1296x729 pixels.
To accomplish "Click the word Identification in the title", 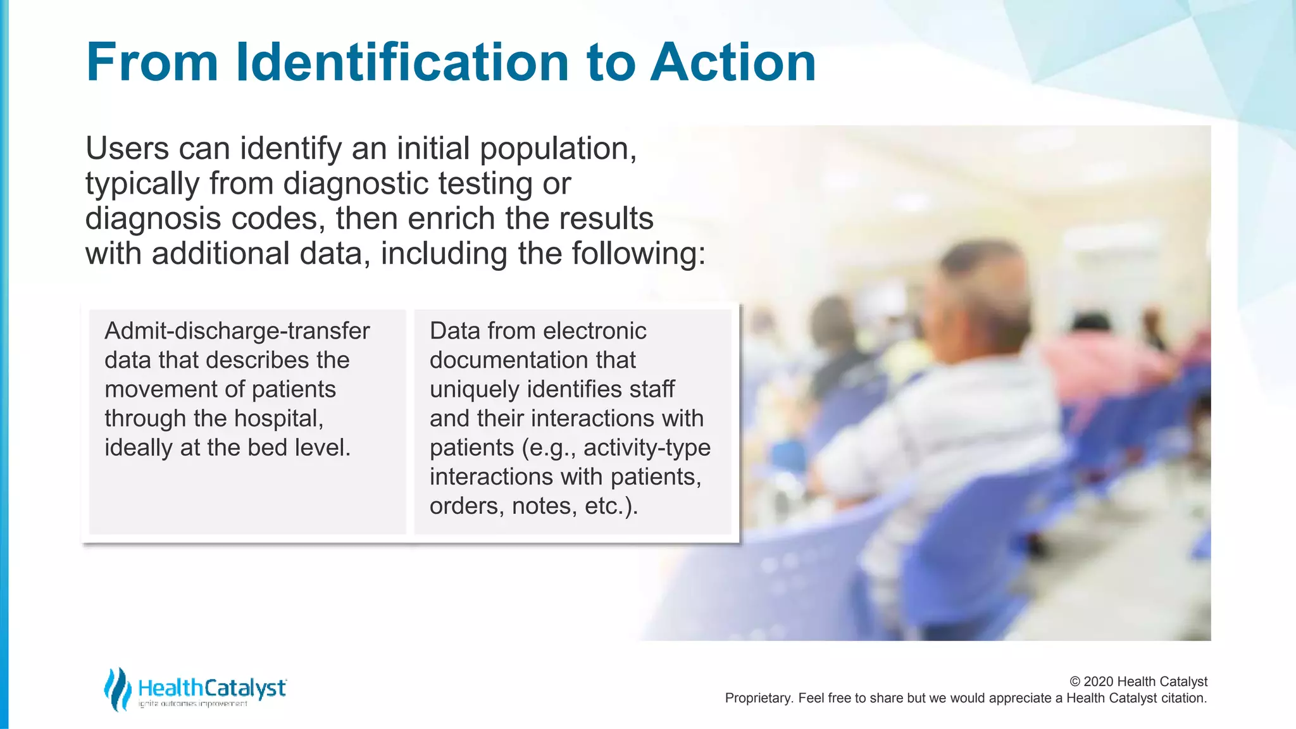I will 402,62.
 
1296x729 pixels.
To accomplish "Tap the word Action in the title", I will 733,62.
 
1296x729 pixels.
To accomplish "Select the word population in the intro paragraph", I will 557,149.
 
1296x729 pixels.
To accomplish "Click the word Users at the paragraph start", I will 127,149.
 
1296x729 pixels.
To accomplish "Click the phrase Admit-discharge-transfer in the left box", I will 237,331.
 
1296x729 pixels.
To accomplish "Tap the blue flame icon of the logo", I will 117,688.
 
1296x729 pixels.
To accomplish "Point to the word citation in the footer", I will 1183,698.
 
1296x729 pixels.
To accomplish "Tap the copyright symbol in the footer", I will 1075,682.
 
